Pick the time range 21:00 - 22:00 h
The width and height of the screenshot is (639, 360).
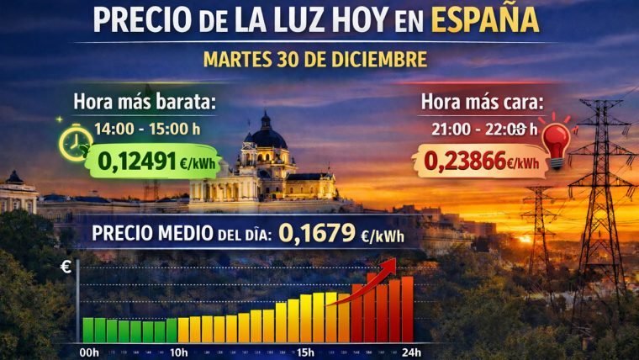click(x=476, y=129)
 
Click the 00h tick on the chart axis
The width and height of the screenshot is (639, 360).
click(x=89, y=352)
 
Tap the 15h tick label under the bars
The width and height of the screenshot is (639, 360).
click(x=305, y=352)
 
